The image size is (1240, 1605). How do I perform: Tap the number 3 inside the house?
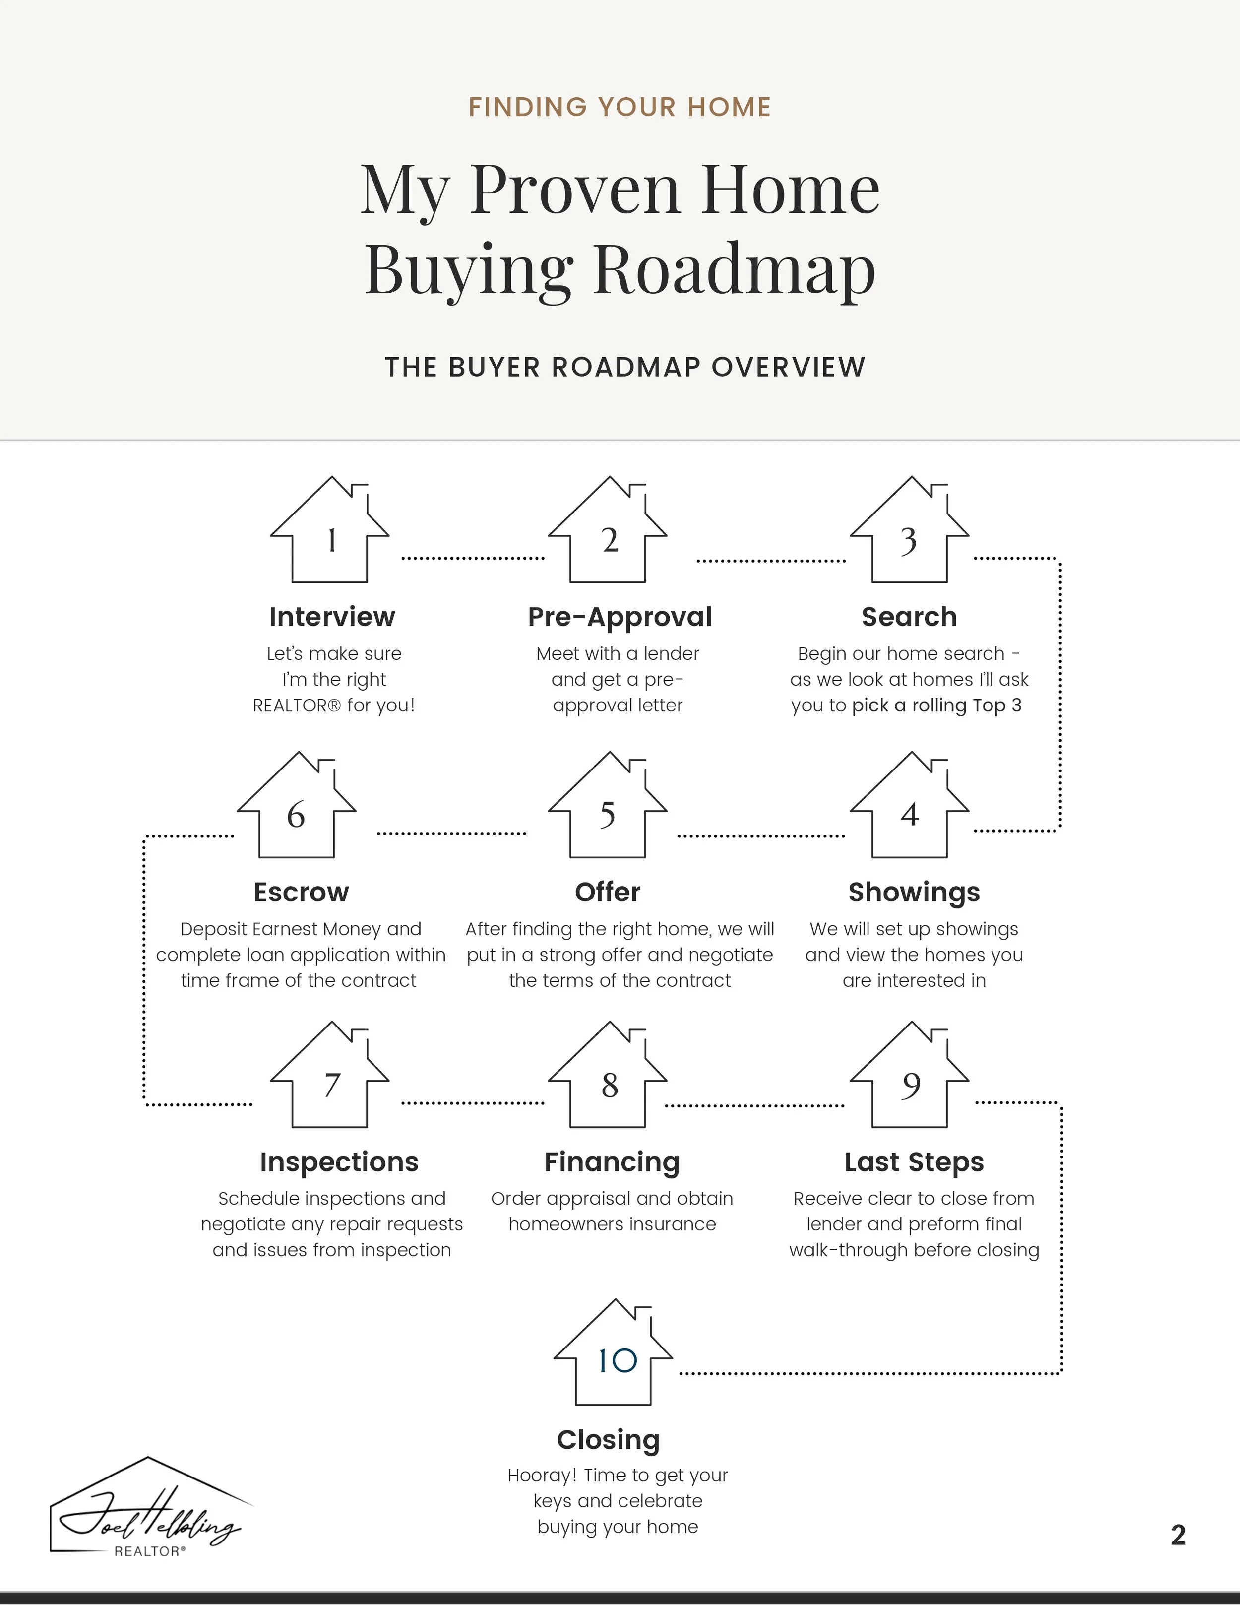tap(909, 541)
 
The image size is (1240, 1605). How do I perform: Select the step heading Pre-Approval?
tap(620, 617)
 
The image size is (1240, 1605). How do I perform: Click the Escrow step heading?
tap(301, 892)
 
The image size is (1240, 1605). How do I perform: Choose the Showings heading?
tap(914, 892)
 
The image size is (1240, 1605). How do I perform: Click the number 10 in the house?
tap(617, 1361)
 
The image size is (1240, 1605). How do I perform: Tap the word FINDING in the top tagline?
tap(527, 107)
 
